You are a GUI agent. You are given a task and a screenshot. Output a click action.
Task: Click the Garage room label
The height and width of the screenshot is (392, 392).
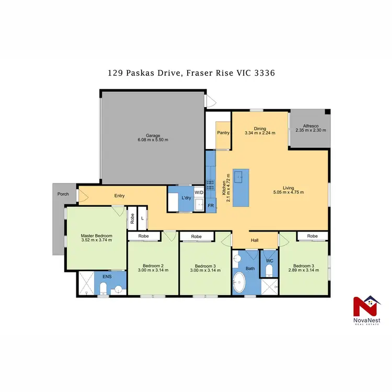(153, 135)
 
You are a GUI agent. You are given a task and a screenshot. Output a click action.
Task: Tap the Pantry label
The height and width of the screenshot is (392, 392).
(223, 133)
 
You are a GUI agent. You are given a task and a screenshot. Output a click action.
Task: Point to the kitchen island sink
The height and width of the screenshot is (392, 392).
(241, 178)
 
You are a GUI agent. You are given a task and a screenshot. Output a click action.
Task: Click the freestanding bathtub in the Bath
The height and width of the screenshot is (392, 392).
(241, 282)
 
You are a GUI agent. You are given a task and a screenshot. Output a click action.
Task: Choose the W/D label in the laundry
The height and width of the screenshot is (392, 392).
(199, 192)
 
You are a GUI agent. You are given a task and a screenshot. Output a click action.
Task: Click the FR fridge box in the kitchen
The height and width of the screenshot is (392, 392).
(211, 206)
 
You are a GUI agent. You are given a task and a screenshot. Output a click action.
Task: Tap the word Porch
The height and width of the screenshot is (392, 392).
(63, 194)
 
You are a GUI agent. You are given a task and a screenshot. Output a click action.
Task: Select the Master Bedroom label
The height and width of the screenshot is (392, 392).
(96, 236)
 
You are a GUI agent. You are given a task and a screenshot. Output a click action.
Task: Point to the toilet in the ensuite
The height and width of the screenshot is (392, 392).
(103, 288)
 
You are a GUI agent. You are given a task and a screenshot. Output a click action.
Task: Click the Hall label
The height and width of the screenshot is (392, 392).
(255, 240)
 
